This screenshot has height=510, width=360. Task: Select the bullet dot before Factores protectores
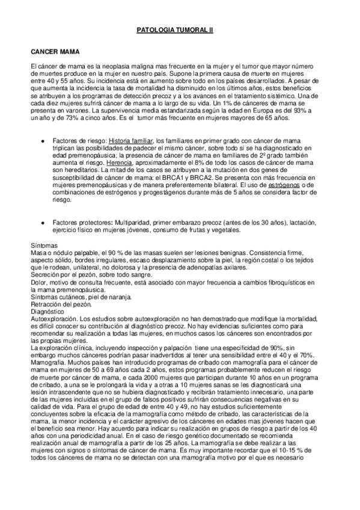click(x=42, y=223)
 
